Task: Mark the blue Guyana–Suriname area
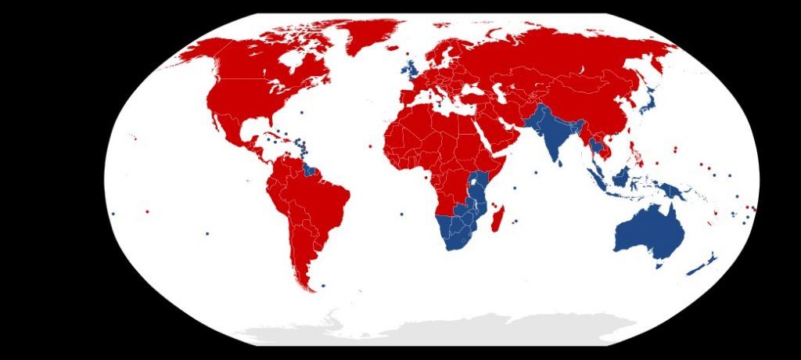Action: point(311,169)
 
